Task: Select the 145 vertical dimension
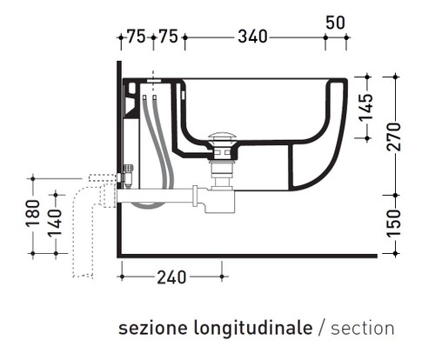point(366,107)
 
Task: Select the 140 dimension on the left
point(55,223)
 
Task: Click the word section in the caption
point(363,329)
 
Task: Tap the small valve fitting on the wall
point(128,174)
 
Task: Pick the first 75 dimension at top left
point(135,37)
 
